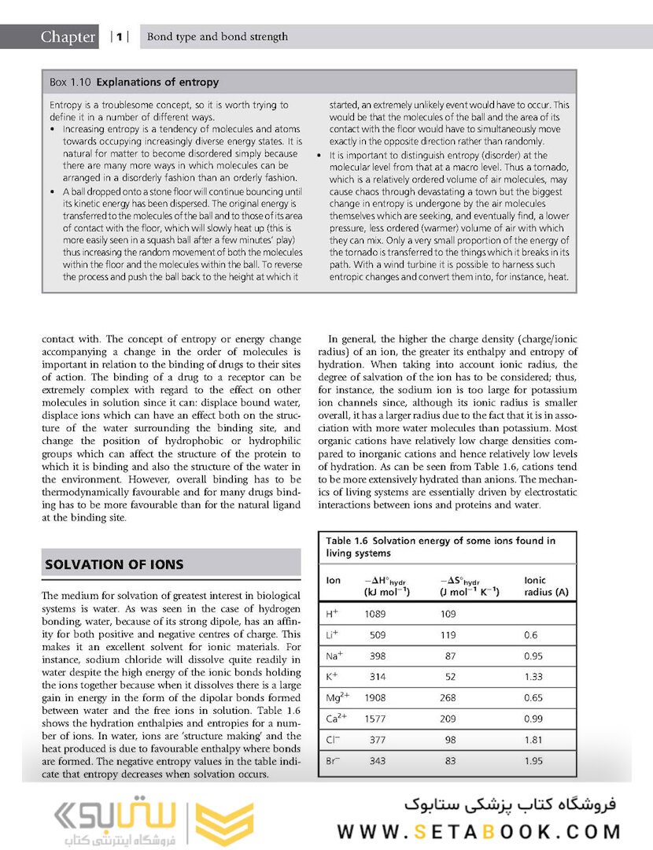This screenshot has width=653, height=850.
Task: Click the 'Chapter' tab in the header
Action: tap(68, 37)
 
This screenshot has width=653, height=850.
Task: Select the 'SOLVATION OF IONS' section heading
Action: tap(115, 564)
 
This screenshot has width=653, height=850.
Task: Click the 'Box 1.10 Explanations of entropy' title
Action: tap(135, 82)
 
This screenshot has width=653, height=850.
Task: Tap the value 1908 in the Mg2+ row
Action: tap(378, 698)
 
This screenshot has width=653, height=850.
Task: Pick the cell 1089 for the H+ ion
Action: tap(378, 613)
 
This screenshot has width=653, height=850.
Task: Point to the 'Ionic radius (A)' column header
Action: tap(546, 586)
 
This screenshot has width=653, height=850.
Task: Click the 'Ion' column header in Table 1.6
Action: tap(334, 580)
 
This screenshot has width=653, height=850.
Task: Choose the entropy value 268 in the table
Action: tap(448, 698)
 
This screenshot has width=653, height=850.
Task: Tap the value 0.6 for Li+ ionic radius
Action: tap(530, 634)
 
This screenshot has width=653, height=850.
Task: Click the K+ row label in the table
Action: tap(332, 677)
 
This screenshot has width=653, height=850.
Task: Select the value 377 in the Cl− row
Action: tap(378, 741)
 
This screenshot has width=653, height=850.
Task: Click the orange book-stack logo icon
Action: tap(224, 822)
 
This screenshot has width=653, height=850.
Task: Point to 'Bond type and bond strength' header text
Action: tap(218, 37)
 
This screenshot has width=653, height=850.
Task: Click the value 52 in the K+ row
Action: tap(450, 677)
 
